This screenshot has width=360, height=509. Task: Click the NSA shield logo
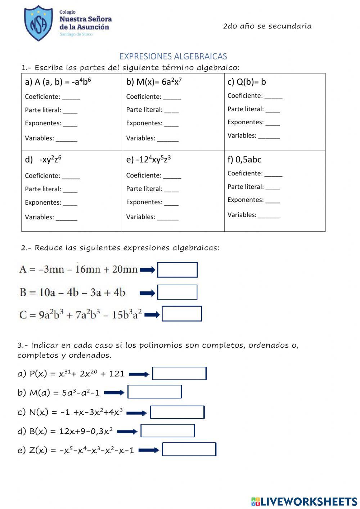[x=38, y=23]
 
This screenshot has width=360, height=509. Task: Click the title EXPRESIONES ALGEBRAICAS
[x=173, y=57]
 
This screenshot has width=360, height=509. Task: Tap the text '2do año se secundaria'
[x=267, y=26]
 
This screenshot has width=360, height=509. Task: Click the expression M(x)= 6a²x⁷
[x=154, y=82]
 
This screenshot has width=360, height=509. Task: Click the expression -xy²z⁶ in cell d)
[x=50, y=160]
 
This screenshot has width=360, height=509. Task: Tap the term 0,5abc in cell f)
[x=248, y=160]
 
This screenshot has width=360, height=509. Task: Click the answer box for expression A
[x=177, y=270]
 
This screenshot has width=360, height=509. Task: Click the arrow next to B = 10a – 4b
[x=147, y=293]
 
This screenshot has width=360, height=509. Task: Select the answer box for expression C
[x=182, y=314]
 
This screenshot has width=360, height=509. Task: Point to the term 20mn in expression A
[x=125, y=269]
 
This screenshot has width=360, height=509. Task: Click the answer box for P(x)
[x=179, y=374]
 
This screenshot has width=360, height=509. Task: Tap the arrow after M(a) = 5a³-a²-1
[x=114, y=393]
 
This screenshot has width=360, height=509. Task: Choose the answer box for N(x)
[x=177, y=412]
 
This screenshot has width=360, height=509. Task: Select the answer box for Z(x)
[x=189, y=450]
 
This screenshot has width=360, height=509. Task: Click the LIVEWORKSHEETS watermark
[x=304, y=501]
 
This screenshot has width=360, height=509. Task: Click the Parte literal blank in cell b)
[x=171, y=111]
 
